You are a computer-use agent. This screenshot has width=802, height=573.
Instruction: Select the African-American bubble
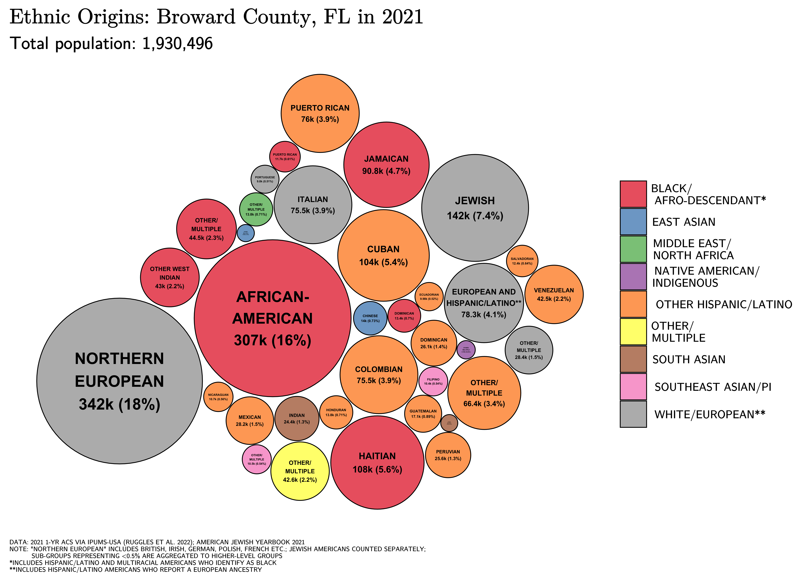(272, 318)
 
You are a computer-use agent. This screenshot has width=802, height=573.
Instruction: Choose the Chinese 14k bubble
(370, 318)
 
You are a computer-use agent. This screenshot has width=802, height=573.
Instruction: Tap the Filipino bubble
(433, 381)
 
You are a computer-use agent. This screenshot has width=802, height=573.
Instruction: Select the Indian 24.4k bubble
(297, 418)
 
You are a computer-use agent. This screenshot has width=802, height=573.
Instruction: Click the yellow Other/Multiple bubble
(300, 471)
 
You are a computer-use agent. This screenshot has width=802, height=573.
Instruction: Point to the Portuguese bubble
(265, 179)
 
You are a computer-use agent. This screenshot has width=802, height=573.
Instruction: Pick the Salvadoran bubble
(522, 261)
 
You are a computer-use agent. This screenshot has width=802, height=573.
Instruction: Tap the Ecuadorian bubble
(429, 296)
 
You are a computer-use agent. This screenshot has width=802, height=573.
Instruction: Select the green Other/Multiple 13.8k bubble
(256, 209)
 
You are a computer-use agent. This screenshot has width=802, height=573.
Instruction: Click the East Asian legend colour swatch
(633, 222)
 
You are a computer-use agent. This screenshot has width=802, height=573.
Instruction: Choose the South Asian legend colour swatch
(633, 359)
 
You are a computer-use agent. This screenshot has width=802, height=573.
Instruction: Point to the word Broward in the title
(196, 17)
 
